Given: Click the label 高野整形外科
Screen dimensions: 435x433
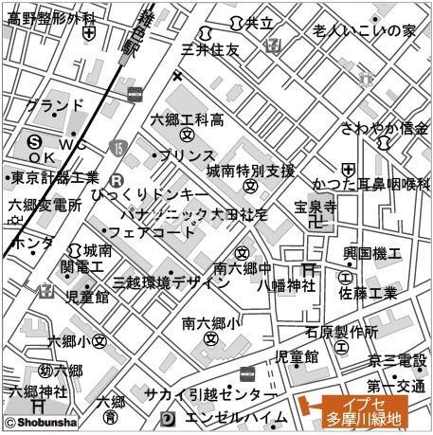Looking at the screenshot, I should click(x=51, y=18).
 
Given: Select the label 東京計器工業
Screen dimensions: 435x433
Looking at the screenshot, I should click(x=54, y=177).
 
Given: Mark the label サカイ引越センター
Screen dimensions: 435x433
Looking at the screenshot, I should click(x=211, y=394).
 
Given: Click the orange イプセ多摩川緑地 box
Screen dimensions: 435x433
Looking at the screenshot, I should click(x=364, y=410).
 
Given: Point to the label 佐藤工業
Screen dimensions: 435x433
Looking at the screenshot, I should click(x=370, y=295).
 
